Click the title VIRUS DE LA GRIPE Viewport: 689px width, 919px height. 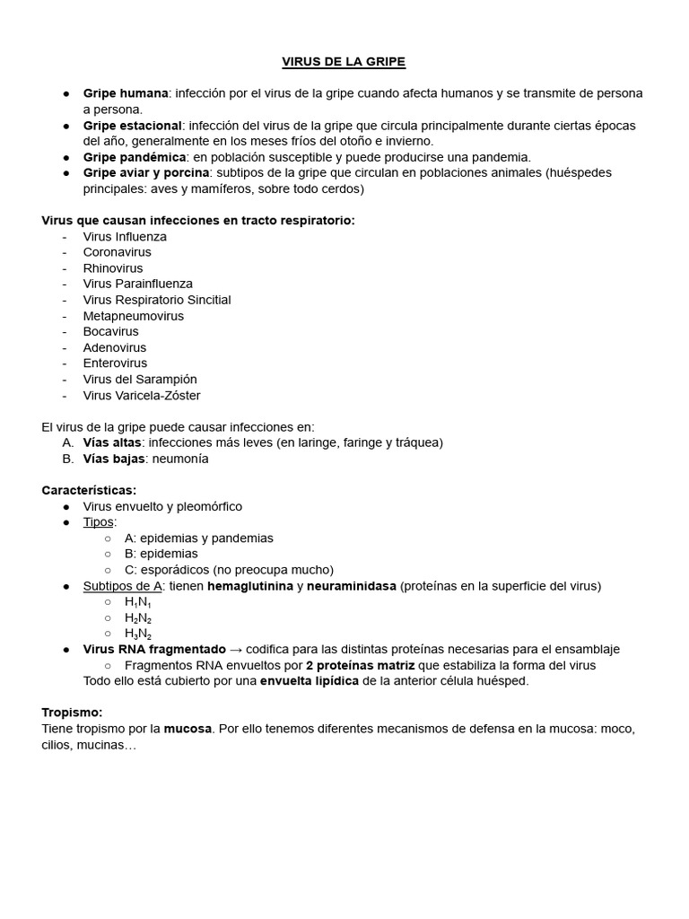[344, 62]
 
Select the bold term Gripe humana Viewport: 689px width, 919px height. [126, 93]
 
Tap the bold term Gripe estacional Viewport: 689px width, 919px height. [132, 126]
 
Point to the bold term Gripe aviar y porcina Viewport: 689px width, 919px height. [146, 172]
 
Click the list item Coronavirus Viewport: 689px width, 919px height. [117, 252]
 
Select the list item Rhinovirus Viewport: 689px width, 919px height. [113, 268]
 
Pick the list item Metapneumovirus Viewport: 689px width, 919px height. [133, 316]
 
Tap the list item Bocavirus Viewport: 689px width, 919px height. [110, 331]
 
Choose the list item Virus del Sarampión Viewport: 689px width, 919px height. [140, 380]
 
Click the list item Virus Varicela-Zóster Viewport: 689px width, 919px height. [142, 396]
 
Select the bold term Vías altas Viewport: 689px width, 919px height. [112, 442]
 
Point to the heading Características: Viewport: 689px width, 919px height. [89, 490]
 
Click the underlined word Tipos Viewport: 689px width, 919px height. [98, 522]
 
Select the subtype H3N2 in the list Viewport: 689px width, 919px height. [137, 635]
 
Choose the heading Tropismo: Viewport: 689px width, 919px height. [72, 712]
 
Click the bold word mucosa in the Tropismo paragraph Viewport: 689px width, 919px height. [188, 729]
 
